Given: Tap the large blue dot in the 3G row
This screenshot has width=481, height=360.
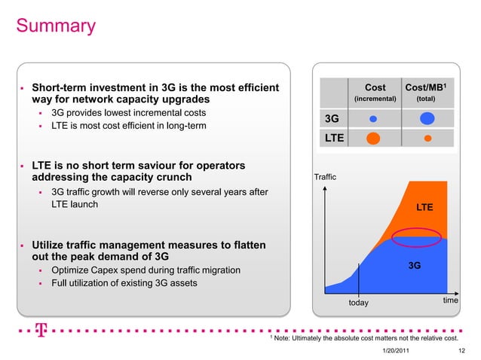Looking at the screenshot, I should [x=427, y=118].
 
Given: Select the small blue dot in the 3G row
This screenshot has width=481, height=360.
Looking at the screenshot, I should [x=373, y=118].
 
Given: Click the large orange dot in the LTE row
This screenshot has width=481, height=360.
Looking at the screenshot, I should [x=373, y=139].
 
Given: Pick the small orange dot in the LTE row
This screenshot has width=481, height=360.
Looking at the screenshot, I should [x=427, y=139].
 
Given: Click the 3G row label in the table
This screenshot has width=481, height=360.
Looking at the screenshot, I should [x=331, y=119].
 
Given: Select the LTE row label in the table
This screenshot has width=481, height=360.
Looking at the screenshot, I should [x=334, y=139].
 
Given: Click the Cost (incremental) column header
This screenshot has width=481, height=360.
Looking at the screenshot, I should [x=375, y=93].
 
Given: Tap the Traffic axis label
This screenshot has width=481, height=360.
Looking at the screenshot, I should [x=325, y=178].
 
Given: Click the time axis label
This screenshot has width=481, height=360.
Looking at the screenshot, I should [x=451, y=301].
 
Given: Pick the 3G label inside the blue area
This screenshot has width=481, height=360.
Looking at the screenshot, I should [x=414, y=265].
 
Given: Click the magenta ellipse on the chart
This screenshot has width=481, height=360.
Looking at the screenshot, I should [x=419, y=235].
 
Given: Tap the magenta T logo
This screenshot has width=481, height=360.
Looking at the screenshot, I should [x=40, y=331].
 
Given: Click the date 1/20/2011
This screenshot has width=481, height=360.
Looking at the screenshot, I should [x=397, y=351].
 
